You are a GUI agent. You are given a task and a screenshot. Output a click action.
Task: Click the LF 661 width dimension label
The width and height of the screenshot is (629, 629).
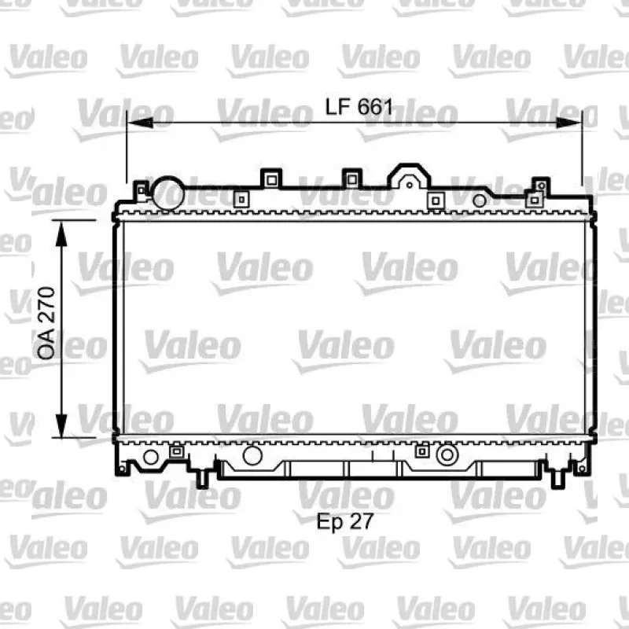[x=359, y=107]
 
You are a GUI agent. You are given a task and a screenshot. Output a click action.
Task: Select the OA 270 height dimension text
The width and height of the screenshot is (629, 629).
[x=46, y=323]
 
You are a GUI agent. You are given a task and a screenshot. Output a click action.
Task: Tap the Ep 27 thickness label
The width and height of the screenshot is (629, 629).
[x=345, y=522]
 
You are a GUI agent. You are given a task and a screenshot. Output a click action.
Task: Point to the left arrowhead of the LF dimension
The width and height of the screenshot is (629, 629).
[x=140, y=123]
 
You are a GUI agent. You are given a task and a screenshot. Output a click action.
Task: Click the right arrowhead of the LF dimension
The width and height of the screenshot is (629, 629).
[x=568, y=123]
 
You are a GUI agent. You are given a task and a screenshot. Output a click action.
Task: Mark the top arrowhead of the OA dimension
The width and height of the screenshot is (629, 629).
[x=61, y=233]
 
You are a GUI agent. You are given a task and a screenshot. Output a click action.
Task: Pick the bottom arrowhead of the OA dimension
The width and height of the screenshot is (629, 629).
[x=61, y=425]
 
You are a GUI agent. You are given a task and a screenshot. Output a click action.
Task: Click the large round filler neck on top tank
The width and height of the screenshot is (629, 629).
[x=168, y=193]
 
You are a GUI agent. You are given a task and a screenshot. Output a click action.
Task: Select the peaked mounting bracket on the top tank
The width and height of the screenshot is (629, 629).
[x=409, y=176]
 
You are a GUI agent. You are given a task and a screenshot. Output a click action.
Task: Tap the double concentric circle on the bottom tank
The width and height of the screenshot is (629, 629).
[x=447, y=454]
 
